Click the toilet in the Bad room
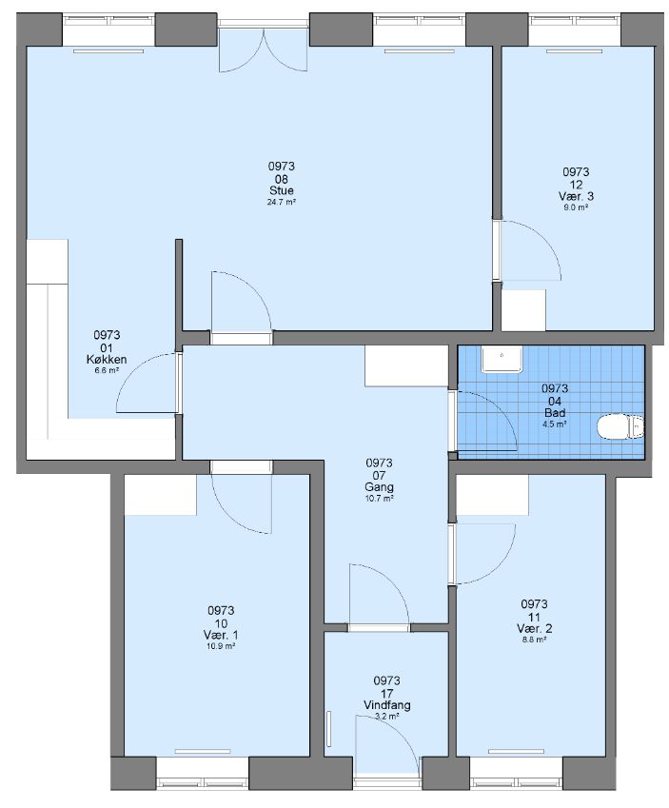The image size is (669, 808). tap(620, 427)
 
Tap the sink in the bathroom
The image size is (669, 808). tap(502, 359)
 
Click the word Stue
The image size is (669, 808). tap(282, 190)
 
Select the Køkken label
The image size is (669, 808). tap(107, 359)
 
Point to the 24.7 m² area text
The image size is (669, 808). tap(282, 202)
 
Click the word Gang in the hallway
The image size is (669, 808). tap(380, 487)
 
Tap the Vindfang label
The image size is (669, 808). tap(387, 705)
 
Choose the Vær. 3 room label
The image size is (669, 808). tap(576, 196)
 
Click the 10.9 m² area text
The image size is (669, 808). tap(221, 646)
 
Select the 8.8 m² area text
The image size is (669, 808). tap(534, 640)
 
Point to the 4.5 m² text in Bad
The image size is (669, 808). tap(555, 424)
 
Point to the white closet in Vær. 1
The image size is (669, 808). tap(160, 495)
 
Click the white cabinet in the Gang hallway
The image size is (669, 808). tap(406, 365)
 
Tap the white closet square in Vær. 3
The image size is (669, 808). tap(523, 310)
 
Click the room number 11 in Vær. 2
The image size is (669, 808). tap(534, 617)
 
